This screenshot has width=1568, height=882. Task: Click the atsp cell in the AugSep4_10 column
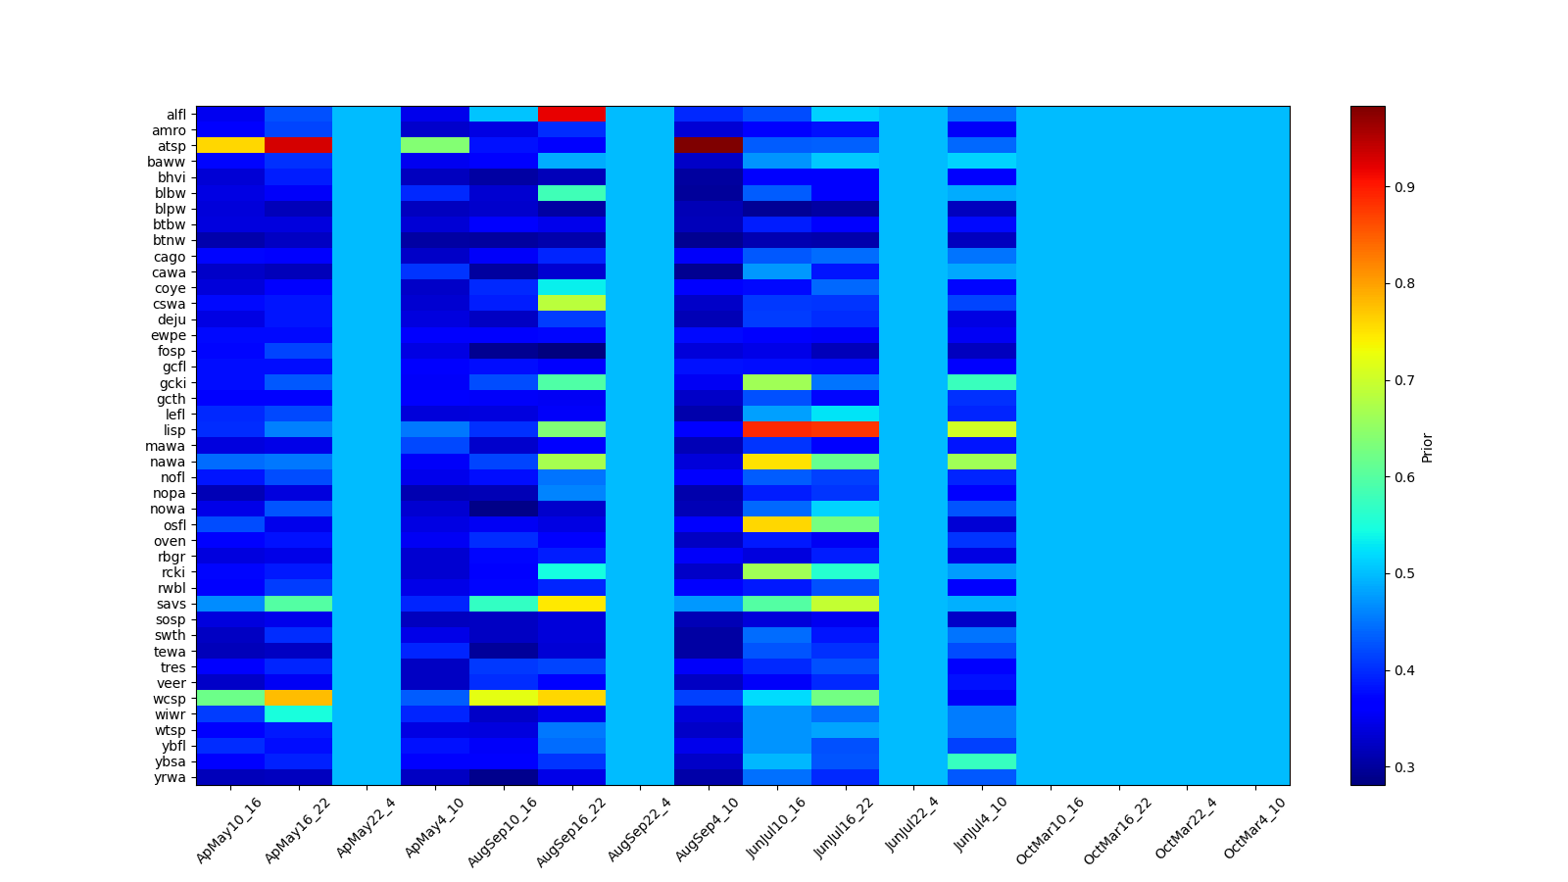click(x=709, y=146)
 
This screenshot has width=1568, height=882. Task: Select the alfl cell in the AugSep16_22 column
click(x=572, y=114)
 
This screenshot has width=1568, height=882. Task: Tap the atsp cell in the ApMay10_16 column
click(x=230, y=146)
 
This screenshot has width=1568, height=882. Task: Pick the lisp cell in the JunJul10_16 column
click(x=777, y=429)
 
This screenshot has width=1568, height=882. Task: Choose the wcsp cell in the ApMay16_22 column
click(x=299, y=698)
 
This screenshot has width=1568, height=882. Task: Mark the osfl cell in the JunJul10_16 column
click(x=777, y=524)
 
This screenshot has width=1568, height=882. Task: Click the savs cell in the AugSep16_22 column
click(x=572, y=604)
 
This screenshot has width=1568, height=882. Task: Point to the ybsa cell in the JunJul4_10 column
click(x=982, y=761)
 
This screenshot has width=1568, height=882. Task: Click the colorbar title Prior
click(x=1427, y=446)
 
